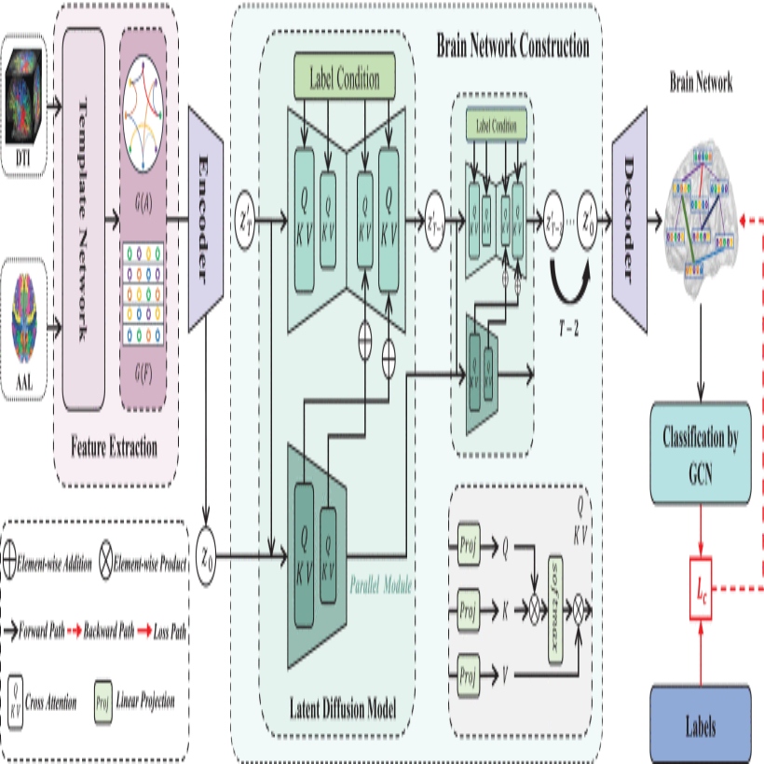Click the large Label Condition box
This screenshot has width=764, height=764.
[x=344, y=79]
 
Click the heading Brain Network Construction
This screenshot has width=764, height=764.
[x=512, y=44]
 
